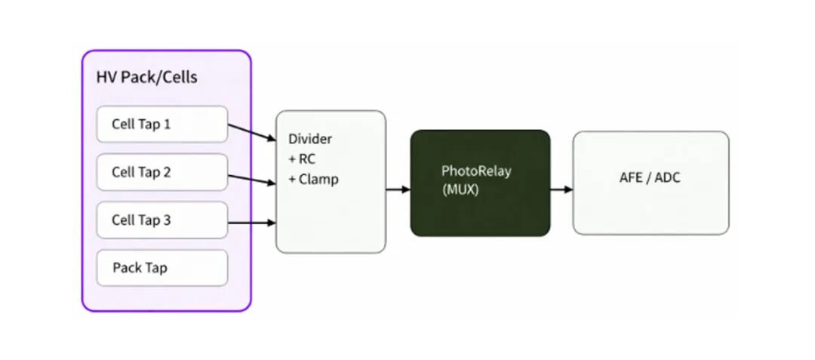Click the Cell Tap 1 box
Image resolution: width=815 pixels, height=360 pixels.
point(162,124)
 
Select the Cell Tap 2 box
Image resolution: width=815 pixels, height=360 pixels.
point(162,172)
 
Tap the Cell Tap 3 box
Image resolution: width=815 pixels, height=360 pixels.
point(162,220)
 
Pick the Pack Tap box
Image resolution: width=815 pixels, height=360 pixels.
point(162,268)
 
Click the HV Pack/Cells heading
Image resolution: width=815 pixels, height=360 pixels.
point(146,77)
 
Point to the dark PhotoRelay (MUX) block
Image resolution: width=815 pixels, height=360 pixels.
point(480,183)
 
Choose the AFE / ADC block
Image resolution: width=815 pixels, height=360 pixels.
point(650,183)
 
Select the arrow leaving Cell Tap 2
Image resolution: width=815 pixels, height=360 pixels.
point(251,179)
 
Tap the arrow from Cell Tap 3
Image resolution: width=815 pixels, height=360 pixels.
point(251,223)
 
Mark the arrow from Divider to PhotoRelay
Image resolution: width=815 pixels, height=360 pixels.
point(398,189)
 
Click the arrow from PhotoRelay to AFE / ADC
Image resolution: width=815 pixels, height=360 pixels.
point(561,189)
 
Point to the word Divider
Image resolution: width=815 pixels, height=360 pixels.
point(310,140)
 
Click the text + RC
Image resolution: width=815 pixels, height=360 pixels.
point(303,159)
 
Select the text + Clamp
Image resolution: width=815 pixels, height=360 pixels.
point(314,180)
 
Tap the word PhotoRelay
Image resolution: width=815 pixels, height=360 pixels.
point(476,171)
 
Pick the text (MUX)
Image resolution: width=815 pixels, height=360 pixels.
point(460,190)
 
